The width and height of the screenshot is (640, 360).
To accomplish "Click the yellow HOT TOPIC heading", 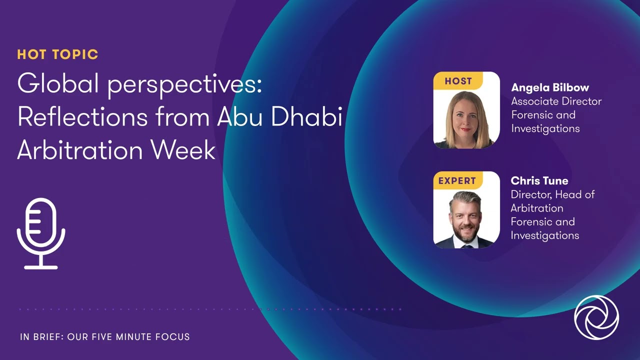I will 57,54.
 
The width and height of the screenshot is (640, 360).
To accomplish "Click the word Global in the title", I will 58,85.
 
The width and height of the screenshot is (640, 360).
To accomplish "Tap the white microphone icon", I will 41,233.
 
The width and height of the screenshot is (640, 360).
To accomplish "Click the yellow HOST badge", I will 457,81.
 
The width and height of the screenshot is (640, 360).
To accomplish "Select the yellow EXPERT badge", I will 457,180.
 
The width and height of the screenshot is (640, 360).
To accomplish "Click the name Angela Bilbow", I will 550,88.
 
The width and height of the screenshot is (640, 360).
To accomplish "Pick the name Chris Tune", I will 539,181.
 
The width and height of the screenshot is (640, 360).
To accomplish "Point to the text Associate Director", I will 556,101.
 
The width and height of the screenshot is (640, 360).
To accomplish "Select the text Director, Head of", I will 552,194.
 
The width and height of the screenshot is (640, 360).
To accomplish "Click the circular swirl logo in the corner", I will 596,317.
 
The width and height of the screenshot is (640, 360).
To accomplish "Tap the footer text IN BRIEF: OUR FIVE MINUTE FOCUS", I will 105,337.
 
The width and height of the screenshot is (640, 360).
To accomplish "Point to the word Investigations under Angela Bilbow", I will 545,128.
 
